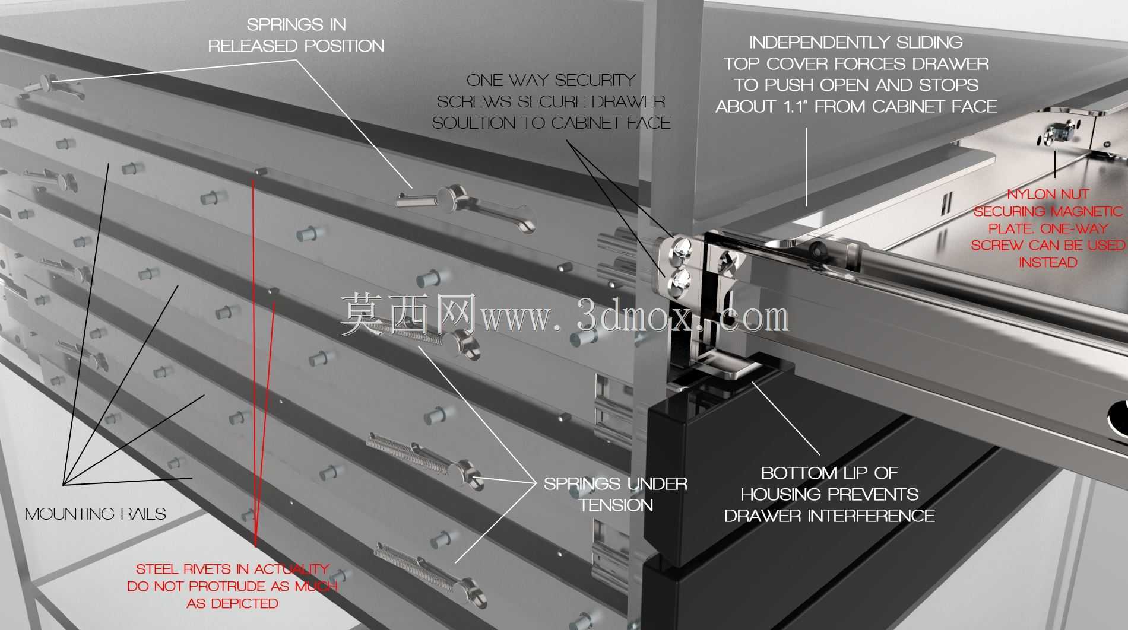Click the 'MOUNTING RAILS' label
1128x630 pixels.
pos(96,514)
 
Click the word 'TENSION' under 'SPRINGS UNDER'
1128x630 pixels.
pos(616,505)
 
